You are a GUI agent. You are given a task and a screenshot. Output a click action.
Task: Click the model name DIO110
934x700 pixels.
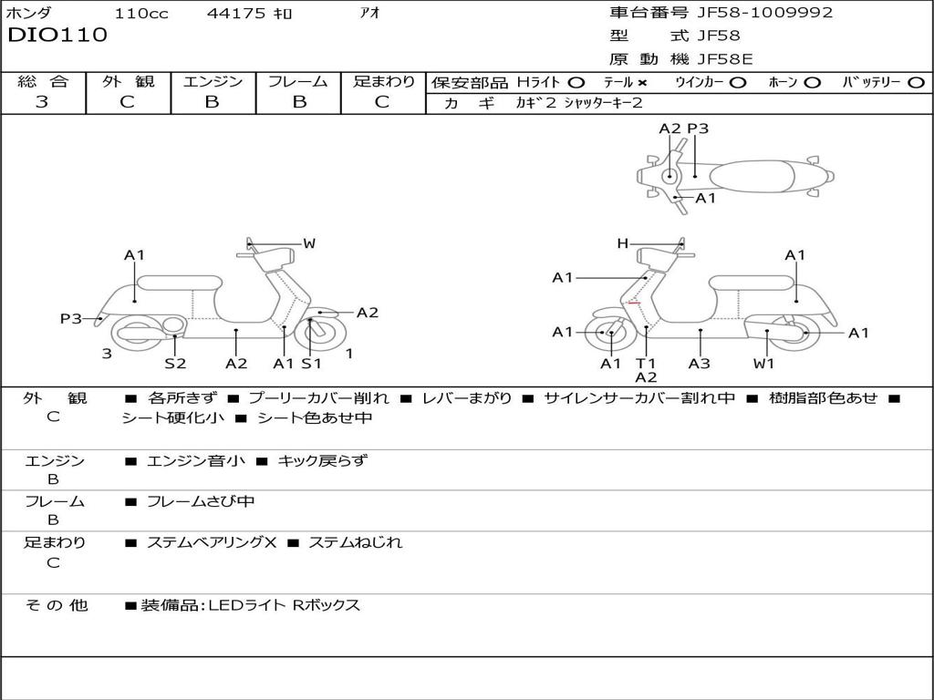[57, 35]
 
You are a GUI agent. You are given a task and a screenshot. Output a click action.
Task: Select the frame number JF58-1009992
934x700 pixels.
[765, 12]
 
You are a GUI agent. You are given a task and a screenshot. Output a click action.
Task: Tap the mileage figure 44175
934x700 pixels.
[235, 13]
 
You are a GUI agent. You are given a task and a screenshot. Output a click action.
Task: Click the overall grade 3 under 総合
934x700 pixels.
[42, 101]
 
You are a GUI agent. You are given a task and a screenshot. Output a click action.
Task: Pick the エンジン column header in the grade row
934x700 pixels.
[213, 81]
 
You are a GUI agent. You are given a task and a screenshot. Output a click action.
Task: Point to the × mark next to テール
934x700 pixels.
[641, 83]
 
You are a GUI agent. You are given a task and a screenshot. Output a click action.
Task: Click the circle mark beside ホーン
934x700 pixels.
[812, 83]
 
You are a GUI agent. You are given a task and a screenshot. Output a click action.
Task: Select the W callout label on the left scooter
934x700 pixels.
[309, 242]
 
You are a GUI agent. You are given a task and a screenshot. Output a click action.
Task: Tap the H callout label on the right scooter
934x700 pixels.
[622, 242]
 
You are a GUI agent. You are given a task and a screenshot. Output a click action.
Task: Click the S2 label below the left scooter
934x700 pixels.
[175, 363]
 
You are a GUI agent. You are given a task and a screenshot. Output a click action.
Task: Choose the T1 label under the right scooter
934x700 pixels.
[645, 363]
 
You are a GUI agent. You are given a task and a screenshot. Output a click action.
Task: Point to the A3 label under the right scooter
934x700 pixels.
[700, 363]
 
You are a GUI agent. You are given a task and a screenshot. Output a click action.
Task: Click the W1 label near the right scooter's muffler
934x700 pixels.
[763, 363]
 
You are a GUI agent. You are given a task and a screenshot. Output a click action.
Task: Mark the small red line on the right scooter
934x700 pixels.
[634, 303]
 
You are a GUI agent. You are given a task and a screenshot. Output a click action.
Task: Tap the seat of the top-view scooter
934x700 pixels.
[752, 177]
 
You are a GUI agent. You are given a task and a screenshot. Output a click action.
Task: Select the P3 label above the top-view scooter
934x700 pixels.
[698, 129]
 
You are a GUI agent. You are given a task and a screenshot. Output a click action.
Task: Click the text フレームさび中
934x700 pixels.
[201, 501]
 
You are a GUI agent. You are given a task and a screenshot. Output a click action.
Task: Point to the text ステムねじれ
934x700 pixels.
[356, 542]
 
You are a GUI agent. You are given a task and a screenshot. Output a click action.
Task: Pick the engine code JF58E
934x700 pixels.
[725, 59]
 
